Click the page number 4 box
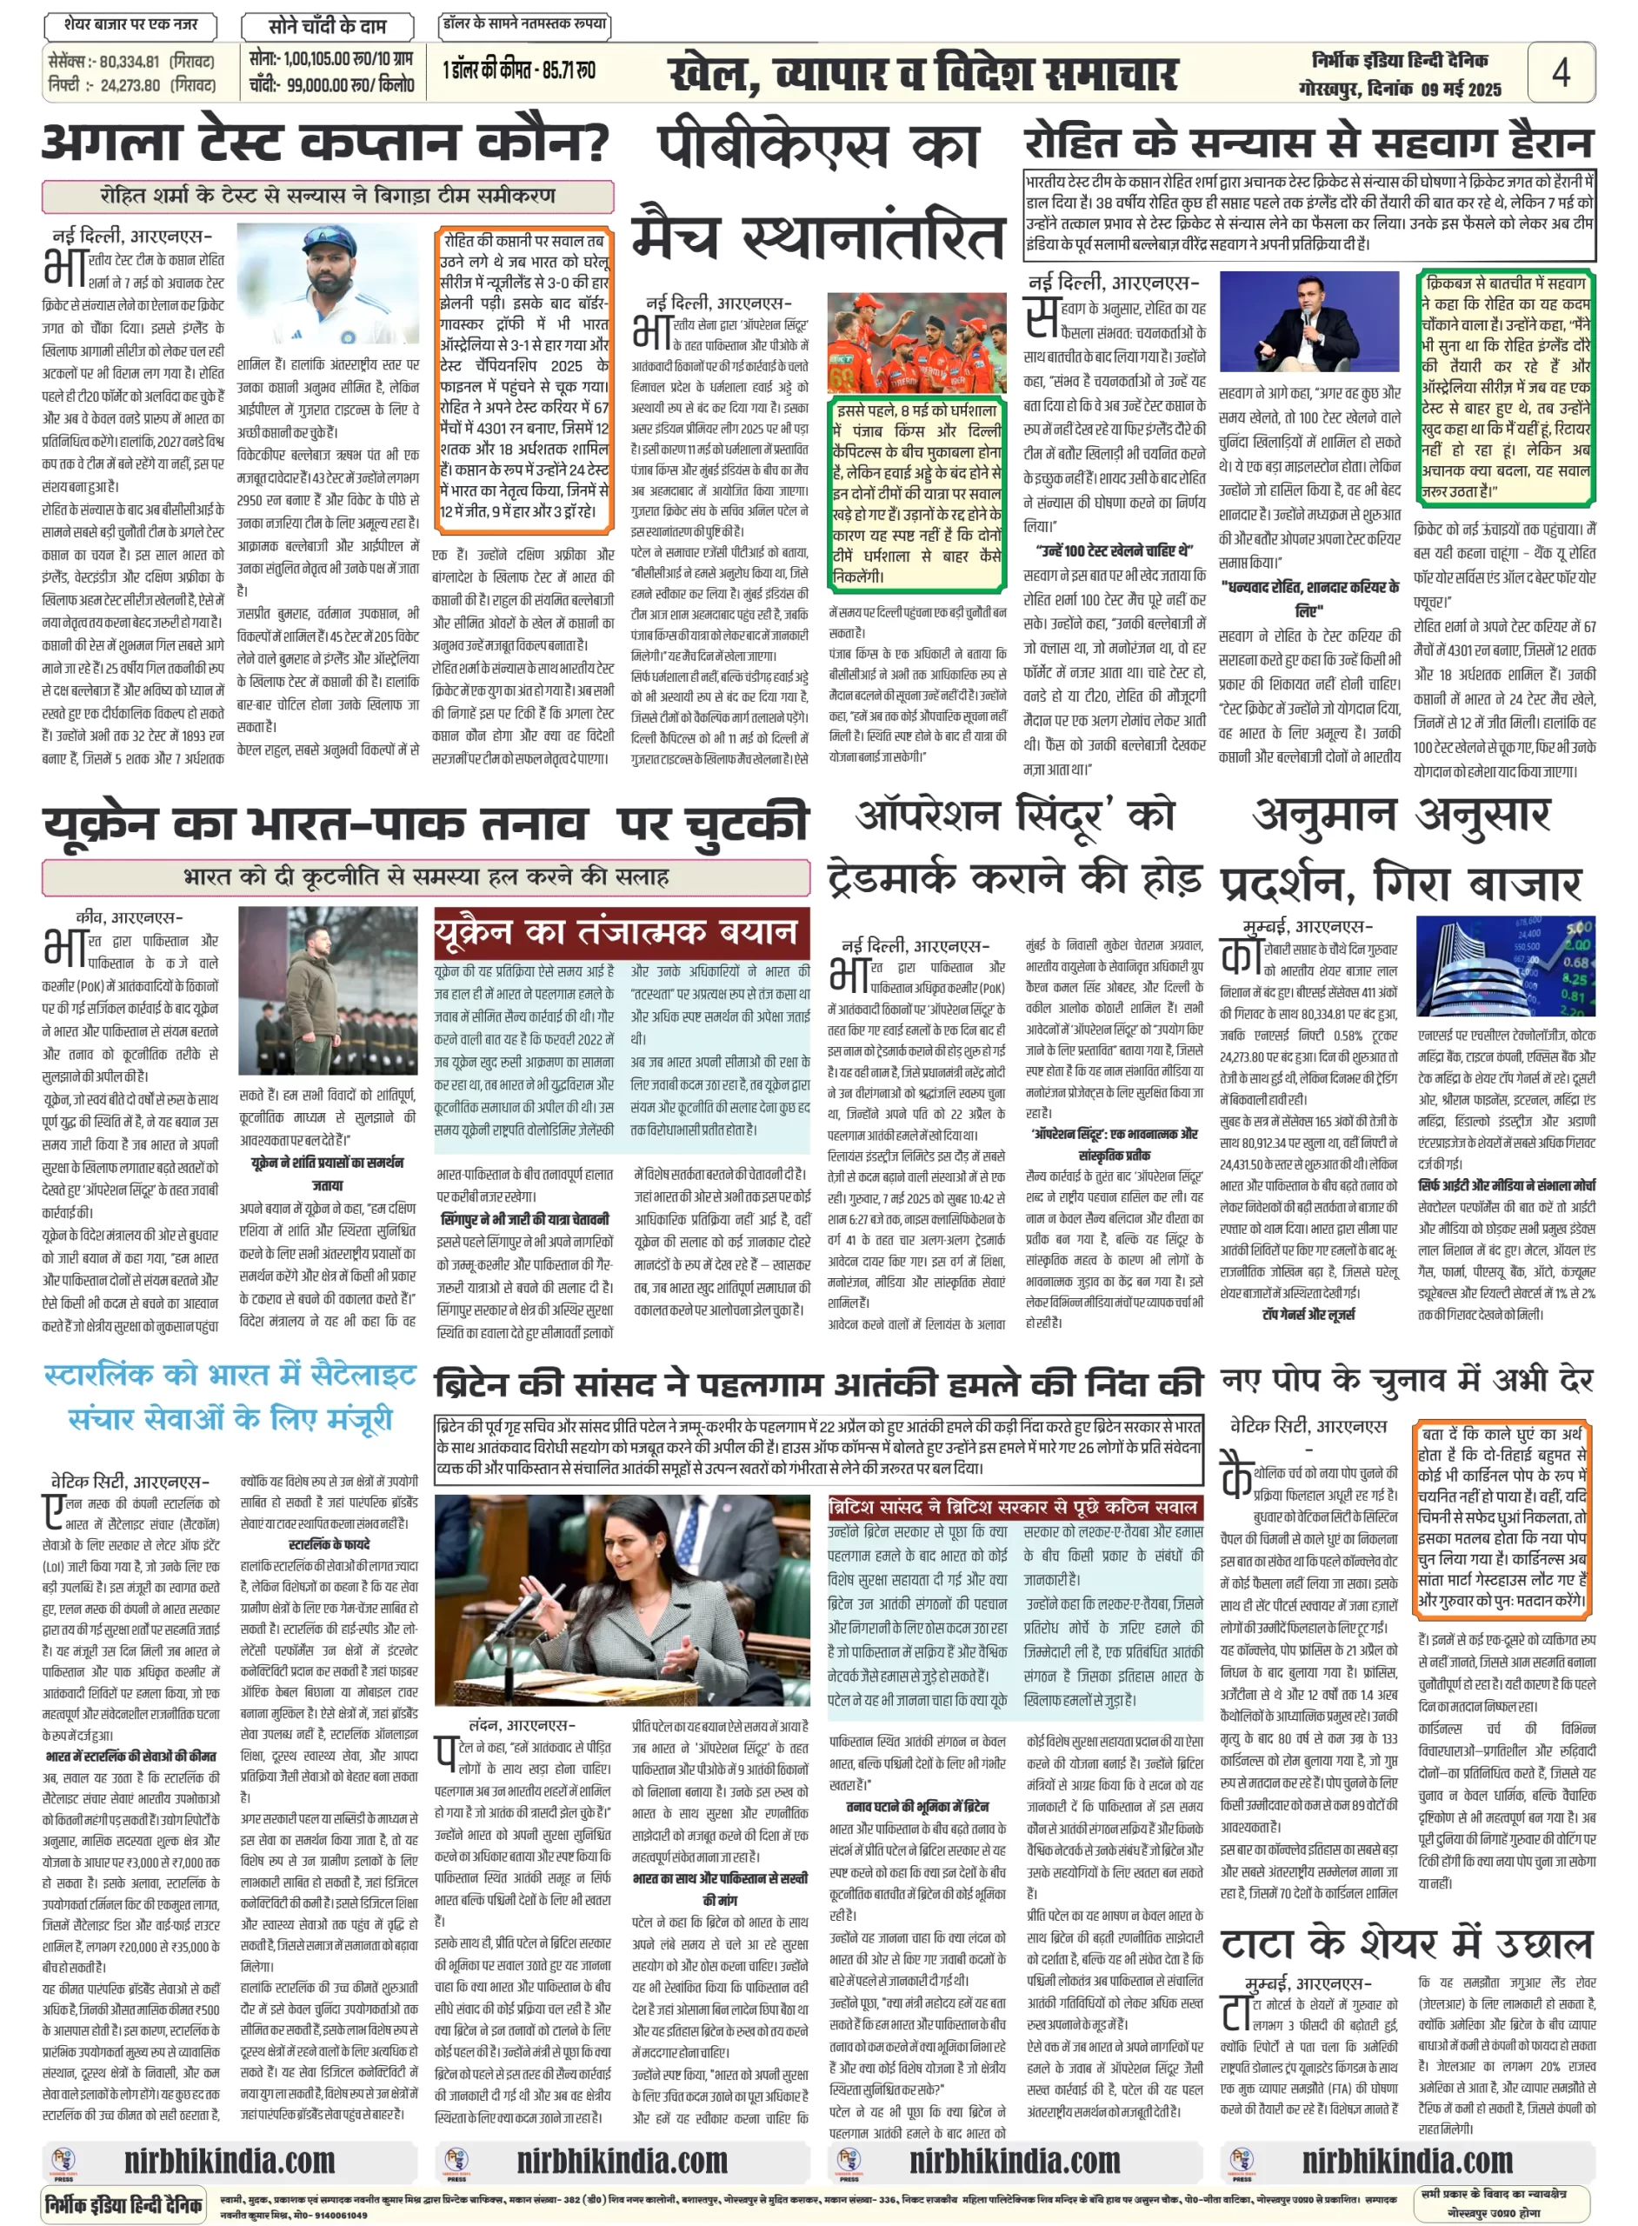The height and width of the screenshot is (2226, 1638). point(1561,72)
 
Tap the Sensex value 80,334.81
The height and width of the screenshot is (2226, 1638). point(129,62)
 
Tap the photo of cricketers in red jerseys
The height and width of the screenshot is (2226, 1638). point(916,342)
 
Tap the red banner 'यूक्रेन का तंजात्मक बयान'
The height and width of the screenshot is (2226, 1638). point(621,933)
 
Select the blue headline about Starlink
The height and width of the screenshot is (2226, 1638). point(230,1397)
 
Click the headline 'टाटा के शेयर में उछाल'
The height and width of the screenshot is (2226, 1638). point(1406,1945)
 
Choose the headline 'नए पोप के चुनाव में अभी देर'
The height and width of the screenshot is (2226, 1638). point(1406,1379)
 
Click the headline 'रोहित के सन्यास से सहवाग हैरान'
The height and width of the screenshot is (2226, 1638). point(1308,144)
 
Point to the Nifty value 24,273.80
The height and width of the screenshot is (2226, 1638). point(130,85)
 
